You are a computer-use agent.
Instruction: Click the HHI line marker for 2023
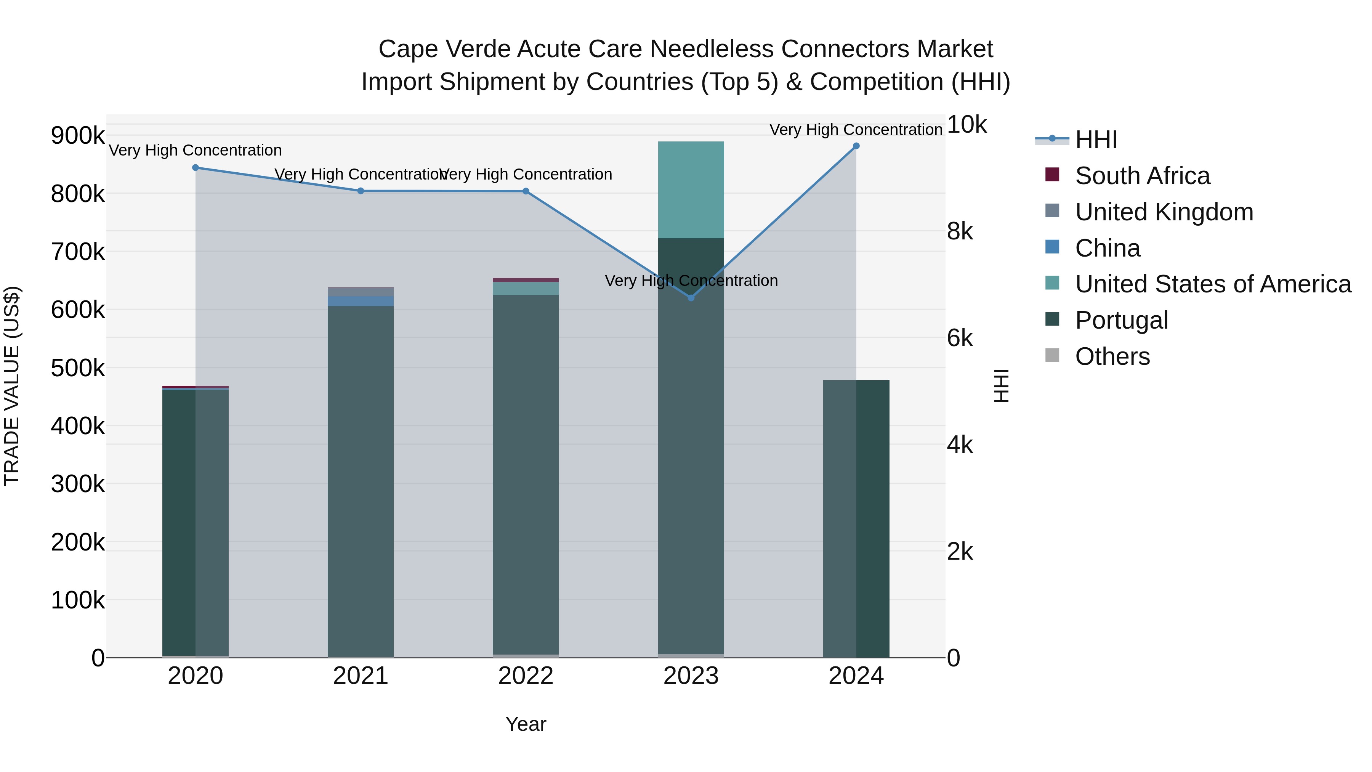click(x=691, y=298)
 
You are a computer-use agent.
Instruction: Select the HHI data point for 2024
click(x=856, y=146)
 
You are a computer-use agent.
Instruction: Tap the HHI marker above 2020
click(x=196, y=168)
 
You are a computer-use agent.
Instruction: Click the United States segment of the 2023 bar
click(x=691, y=190)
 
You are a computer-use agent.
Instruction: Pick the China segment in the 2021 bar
click(x=361, y=302)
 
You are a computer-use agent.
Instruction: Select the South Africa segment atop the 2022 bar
click(x=526, y=280)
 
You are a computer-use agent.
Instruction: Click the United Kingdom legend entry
click(x=1164, y=212)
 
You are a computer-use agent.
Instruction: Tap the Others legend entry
click(x=1112, y=356)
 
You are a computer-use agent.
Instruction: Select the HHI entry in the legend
click(x=1096, y=140)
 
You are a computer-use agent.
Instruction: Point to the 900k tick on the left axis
click(x=78, y=136)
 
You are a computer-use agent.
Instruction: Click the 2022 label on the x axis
click(x=526, y=676)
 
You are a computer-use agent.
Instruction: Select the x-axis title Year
click(x=526, y=724)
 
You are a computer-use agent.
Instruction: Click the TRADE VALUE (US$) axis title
click(x=12, y=386)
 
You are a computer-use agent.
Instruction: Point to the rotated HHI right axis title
click(x=1001, y=386)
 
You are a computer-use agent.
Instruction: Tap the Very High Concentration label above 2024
click(x=856, y=130)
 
